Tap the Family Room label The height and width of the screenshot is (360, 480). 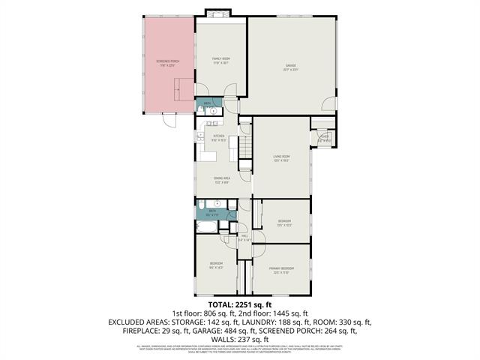(220, 59)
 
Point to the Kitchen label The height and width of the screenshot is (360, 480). (198, 137)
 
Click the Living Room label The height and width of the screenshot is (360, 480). (282, 157)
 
